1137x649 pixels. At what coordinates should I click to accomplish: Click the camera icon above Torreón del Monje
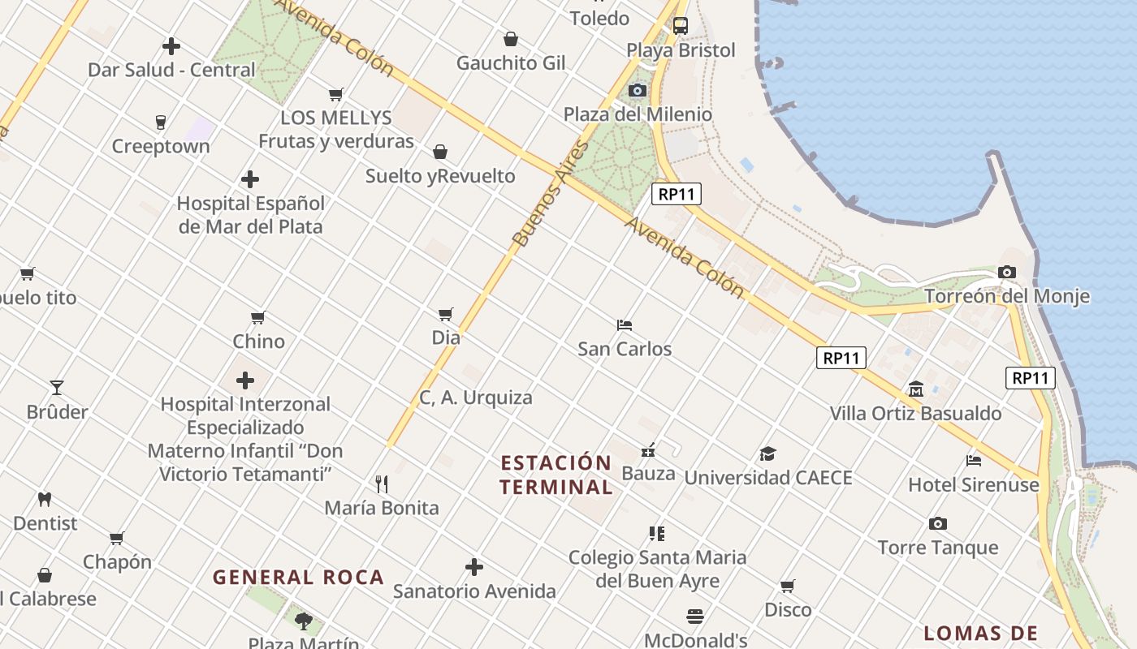pyautogui.click(x=1007, y=273)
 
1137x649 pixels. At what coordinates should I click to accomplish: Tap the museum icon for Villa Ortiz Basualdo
pyautogui.click(x=916, y=389)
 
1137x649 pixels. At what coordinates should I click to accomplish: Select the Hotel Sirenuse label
pyautogui.click(x=973, y=485)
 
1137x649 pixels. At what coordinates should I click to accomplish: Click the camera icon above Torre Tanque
pyautogui.click(x=938, y=524)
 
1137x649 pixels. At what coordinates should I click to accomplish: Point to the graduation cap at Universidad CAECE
pyautogui.click(x=767, y=454)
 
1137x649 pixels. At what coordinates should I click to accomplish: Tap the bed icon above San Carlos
pyautogui.click(x=625, y=325)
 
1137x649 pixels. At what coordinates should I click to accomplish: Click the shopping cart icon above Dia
pyautogui.click(x=446, y=314)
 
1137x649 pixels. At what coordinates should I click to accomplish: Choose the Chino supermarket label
pyautogui.click(x=259, y=342)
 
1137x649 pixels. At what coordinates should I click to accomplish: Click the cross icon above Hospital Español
pyautogui.click(x=250, y=179)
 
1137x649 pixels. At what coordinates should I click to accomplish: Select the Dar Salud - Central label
pyautogui.click(x=171, y=70)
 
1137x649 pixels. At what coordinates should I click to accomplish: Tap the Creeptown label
pyautogui.click(x=161, y=147)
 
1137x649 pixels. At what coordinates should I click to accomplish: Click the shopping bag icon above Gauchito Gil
pyautogui.click(x=511, y=39)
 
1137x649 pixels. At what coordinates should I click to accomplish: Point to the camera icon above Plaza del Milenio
pyautogui.click(x=638, y=90)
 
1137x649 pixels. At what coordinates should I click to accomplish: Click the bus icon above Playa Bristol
pyautogui.click(x=681, y=26)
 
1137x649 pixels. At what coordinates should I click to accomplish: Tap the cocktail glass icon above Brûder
pyautogui.click(x=57, y=388)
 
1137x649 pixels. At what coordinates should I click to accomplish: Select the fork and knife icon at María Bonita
pyautogui.click(x=382, y=484)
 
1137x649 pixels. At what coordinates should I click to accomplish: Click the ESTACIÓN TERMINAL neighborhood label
pyautogui.click(x=556, y=475)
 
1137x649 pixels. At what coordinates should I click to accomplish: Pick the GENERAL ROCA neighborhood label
pyautogui.click(x=298, y=578)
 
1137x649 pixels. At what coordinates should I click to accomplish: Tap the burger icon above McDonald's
pyautogui.click(x=695, y=617)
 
